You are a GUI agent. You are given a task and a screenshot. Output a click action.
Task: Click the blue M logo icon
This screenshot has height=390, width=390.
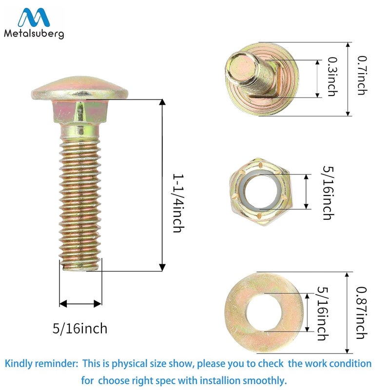click(x=34, y=18)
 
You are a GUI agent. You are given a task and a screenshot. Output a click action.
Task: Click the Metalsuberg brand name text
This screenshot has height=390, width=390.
click(x=34, y=34)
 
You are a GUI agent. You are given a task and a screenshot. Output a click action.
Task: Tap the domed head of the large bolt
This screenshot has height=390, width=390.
click(x=79, y=88)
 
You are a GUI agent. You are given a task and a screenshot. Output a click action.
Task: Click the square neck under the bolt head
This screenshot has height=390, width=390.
click(x=79, y=112)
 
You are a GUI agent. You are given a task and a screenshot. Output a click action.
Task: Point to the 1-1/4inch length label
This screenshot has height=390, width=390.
click(x=178, y=203)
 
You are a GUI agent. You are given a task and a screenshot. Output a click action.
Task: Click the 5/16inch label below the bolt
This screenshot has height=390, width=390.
click(x=80, y=329)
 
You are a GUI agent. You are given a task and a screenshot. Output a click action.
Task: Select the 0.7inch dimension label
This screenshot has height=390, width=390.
click(x=362, y=76)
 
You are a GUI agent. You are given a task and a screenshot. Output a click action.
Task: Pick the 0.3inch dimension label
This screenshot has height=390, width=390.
click(x=332, y=77)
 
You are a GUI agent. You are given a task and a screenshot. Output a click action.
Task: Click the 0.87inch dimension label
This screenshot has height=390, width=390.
click(x=361, y=313)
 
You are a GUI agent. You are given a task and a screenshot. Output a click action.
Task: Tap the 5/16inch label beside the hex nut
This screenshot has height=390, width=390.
click(x=328, y=193)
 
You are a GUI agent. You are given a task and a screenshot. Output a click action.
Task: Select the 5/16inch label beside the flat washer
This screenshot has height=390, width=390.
click(x=323, y=313)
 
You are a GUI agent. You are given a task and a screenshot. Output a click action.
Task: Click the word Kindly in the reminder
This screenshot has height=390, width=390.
click(x=19, y=364)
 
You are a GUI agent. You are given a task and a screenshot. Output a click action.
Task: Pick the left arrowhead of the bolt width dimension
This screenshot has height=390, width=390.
click(x=63, y=303)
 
